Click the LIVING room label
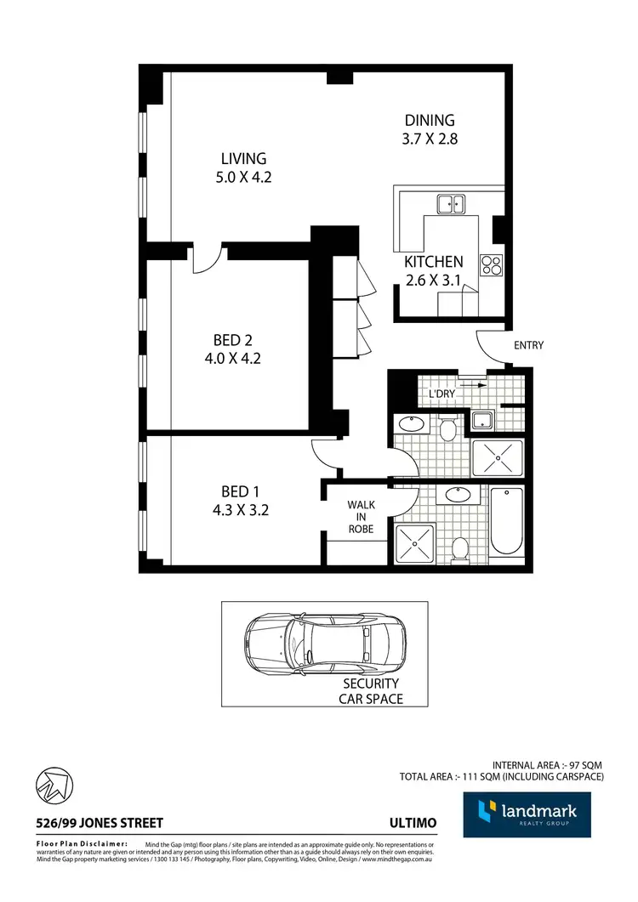(243, 158)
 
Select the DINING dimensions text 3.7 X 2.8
(430, 139)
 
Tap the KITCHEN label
(433, 262)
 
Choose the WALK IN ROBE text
(361, 516)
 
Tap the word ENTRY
(528, 345)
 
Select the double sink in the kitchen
(451, 204)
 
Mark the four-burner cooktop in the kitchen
(492, 264)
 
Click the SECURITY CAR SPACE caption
(371, 691)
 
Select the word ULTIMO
(413, 823)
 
